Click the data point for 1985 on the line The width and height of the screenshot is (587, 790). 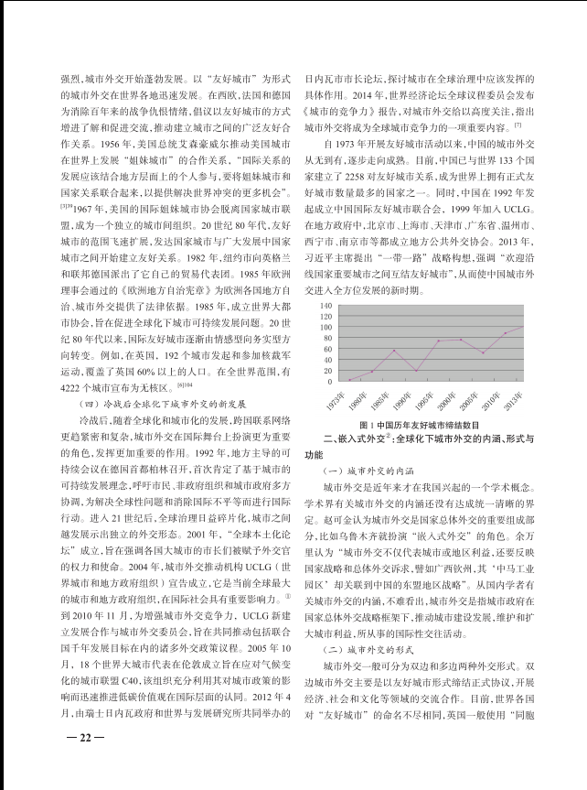click(394, 351)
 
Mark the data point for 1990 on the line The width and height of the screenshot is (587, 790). click(416, 370)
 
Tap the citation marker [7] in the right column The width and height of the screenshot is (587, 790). click(516, 124)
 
